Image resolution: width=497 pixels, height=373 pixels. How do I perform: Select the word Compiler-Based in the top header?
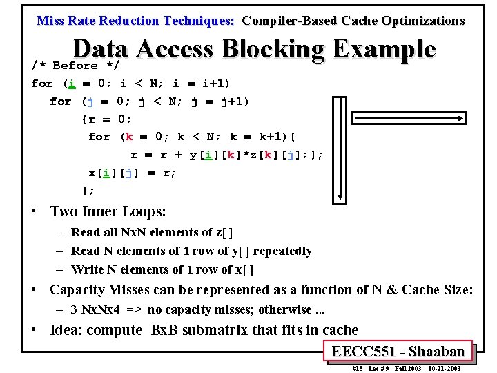289,21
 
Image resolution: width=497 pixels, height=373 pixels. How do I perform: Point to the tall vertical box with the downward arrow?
340,147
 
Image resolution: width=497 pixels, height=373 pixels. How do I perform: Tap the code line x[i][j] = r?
133,173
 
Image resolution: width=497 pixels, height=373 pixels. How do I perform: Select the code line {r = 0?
107,119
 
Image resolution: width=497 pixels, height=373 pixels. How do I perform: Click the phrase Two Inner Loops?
108,211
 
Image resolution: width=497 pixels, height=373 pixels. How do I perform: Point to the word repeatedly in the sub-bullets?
282,251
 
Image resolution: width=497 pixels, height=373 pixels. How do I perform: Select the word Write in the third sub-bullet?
87,269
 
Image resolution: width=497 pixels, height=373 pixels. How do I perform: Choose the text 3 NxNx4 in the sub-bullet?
96,309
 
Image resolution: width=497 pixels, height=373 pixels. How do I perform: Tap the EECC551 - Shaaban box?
398,352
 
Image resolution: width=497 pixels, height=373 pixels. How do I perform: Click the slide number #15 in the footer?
358,369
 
